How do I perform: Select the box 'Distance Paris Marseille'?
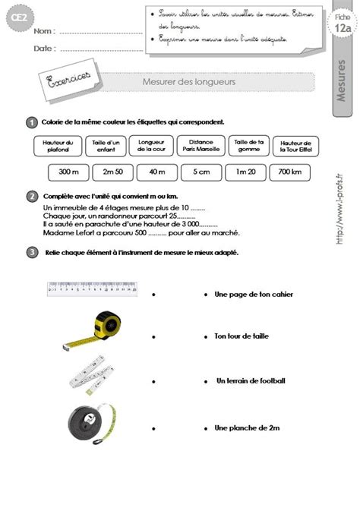click(201, 145)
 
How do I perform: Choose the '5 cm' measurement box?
click(201, 172)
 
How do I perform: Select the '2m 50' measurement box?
click(113, 172)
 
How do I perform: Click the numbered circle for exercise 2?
click(32, 197)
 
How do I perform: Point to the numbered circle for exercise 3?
click(32, 252)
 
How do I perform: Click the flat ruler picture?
click(91, 288)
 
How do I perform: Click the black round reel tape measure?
click(90, 421)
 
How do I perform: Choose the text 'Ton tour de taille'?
click(242, 336)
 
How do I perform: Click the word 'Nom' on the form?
click(44, 33)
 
